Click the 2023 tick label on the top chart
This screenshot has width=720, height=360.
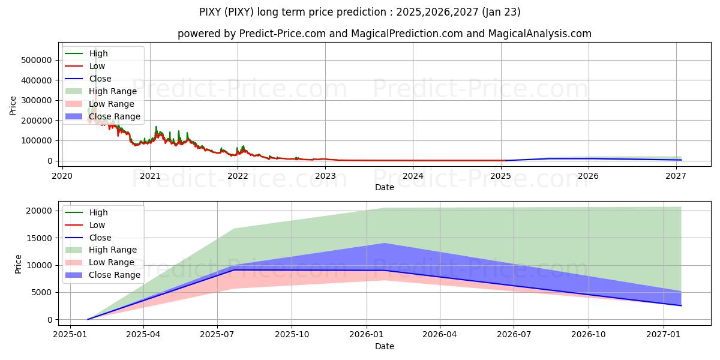[325, 176]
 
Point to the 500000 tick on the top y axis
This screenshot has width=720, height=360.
[37, 61]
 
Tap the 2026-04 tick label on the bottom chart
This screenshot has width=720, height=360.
[440, 335]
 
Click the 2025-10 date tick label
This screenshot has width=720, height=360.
[292, 335]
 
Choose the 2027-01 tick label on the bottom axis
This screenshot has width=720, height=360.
[664, 335]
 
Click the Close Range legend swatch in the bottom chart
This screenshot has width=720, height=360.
[74, 275]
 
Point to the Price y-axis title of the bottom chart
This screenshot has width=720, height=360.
[18, 264]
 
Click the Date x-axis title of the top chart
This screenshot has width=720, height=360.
[385, 187]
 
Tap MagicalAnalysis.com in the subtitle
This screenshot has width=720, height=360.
[539, 34]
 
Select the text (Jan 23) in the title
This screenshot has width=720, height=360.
[501, 12]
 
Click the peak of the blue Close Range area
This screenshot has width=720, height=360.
[385, 244]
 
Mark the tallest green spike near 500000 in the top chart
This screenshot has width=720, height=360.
[95, 49]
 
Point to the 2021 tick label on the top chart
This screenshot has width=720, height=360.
[150, 176]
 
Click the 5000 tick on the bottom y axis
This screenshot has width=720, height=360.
[41, 293]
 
